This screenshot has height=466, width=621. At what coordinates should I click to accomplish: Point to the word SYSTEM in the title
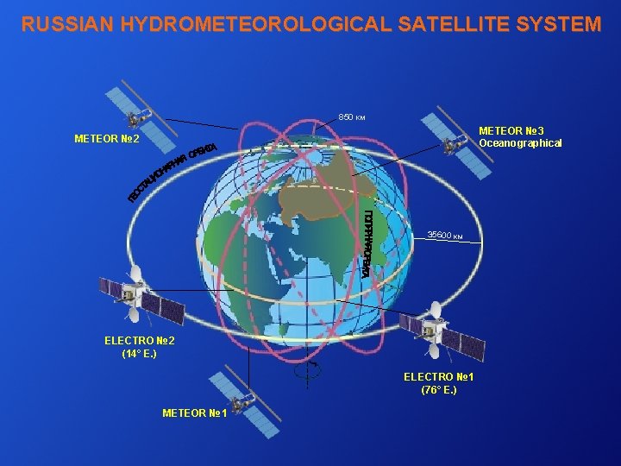pyautogui.click(x=560, y=24)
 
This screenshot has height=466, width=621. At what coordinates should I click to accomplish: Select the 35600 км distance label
pyautogui.click(x=446, y=235)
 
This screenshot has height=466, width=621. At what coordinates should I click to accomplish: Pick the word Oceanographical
pyautogui.click(x=521, y=143)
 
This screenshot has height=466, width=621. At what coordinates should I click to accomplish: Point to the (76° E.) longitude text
pyautogui.click(x=439, y=390)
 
